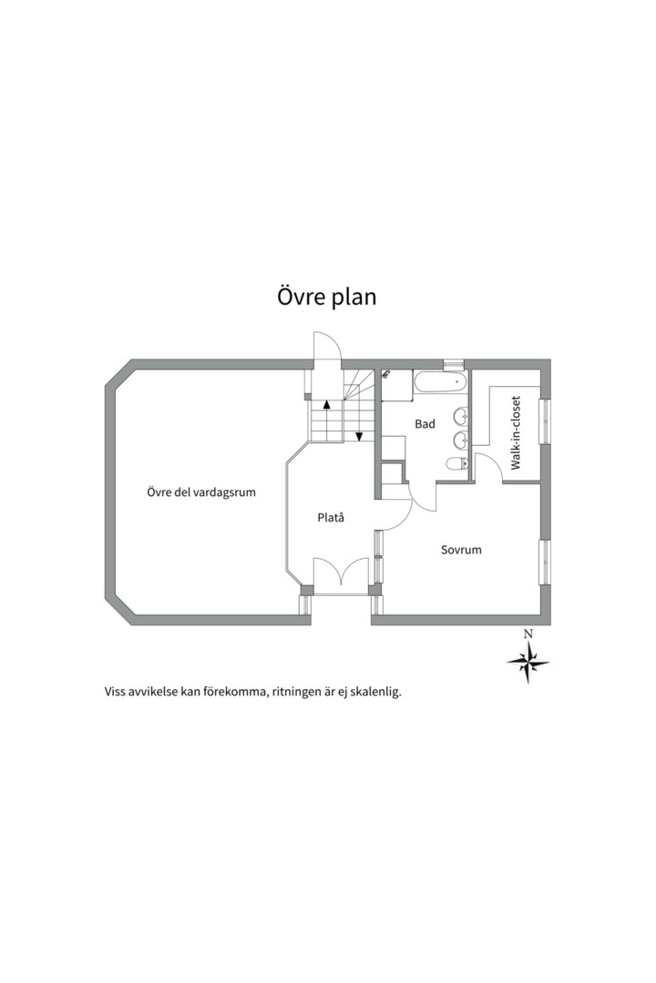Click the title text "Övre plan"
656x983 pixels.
326,297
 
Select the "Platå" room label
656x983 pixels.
331,518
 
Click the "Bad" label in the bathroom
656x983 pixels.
425,424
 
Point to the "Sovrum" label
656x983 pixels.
461,550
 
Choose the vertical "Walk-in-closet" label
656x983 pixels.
516,432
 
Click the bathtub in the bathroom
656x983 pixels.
441,381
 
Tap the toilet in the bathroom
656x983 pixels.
456,464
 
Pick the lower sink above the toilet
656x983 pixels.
460,441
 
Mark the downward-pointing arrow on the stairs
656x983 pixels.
360,436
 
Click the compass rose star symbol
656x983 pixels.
528,662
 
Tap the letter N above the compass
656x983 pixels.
528,634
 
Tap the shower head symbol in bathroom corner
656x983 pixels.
387,373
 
